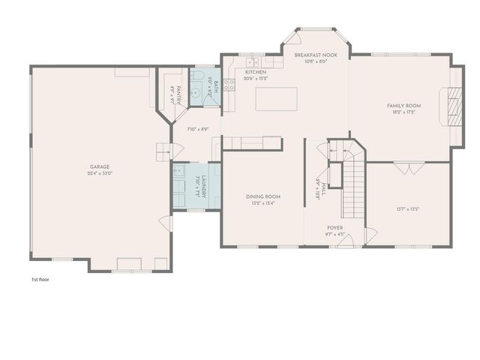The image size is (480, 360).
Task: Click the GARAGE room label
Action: point(101,166)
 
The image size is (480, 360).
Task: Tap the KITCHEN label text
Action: point(256,72)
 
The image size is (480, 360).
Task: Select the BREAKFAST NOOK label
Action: point(315,55)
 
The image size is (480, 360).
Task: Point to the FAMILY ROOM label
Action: point(403,106)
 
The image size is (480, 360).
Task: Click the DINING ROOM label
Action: point(262,196)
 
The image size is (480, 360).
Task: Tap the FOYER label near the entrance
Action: point(335,226)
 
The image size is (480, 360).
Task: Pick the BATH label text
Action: point(217,87)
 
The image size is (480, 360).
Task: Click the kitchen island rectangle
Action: point(276,99)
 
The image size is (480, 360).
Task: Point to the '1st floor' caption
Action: point(40,279)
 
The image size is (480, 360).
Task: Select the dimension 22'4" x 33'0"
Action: point(101,173)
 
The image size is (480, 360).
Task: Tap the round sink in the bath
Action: point(195,94)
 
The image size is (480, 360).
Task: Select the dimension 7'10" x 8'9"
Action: point(196,129)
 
